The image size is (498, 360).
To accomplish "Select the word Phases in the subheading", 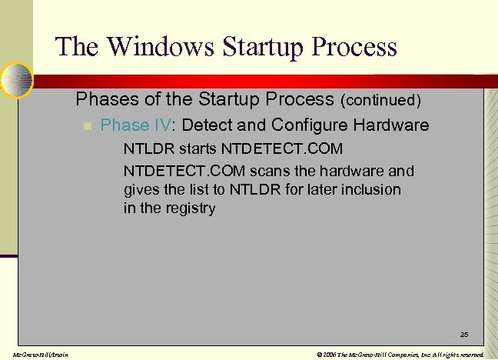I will click(103, 99).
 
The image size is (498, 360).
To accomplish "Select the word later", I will click(318, 189).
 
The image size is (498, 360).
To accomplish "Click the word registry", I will click(191, 208).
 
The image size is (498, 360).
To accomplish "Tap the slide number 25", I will click(464, 335).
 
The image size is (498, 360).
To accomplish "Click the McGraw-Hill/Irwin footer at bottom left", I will click(35, 355).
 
